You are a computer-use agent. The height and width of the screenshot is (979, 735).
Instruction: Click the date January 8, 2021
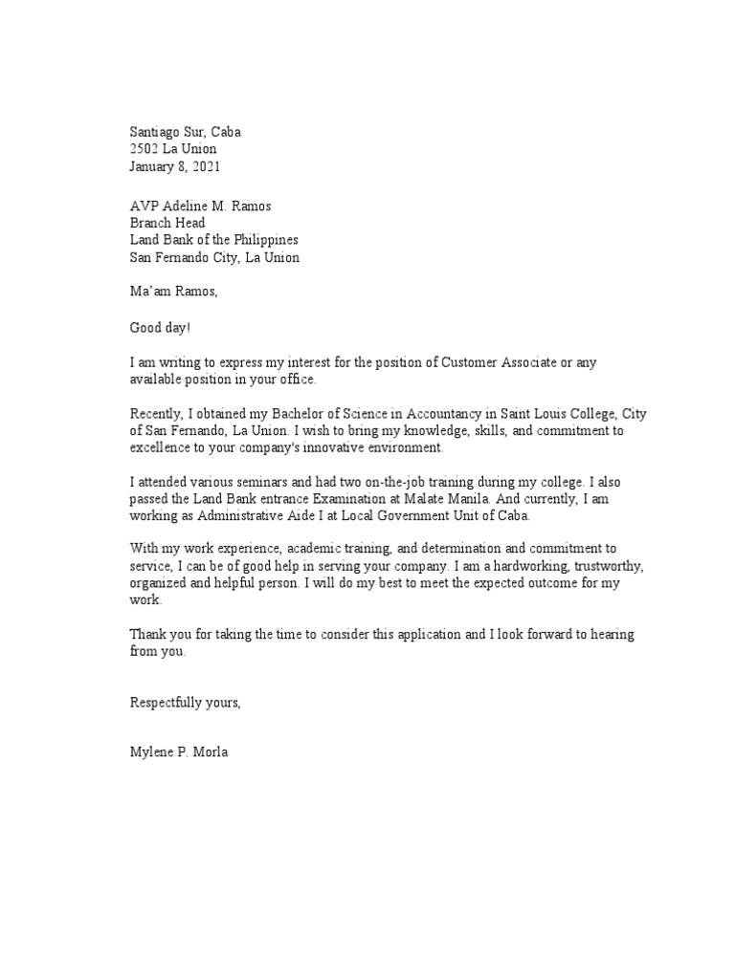pos(175,166)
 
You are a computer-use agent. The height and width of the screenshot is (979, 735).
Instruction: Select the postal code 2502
pos(144,149)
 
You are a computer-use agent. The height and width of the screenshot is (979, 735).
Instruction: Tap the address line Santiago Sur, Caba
pos(192,132)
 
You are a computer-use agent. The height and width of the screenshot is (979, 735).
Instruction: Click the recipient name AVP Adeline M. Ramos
pos(206,206)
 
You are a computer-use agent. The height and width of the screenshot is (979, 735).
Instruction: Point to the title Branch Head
pos(167,223)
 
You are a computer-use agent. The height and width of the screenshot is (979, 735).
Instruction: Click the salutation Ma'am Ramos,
pos(174,291)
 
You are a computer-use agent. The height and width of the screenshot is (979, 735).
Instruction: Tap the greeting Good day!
pos(160,328)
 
